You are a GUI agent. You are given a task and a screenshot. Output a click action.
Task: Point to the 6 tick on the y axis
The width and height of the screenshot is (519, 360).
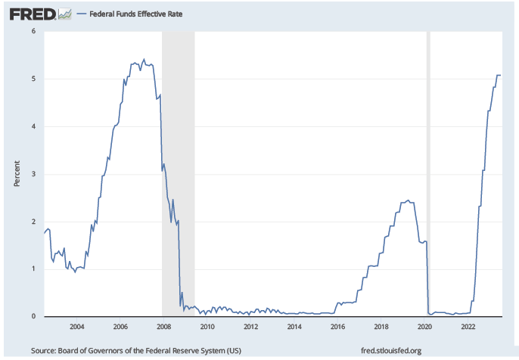33,31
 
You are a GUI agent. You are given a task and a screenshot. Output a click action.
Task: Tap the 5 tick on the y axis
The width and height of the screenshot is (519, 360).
33,79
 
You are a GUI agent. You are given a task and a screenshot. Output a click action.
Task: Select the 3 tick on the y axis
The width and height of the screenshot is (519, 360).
33,174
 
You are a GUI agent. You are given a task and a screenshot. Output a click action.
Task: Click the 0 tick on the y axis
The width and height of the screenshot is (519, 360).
33,316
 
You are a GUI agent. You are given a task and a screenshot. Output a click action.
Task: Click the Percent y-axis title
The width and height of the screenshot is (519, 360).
17,173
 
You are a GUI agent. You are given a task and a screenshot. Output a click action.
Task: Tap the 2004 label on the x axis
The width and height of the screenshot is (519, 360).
76,327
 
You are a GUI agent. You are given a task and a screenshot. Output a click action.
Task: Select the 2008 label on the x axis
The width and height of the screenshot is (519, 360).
163,327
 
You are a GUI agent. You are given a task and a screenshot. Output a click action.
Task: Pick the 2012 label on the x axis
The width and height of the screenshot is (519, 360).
251,327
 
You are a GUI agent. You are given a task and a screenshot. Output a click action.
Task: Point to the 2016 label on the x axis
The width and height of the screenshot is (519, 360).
338,327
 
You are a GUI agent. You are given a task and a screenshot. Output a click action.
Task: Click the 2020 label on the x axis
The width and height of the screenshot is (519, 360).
425,327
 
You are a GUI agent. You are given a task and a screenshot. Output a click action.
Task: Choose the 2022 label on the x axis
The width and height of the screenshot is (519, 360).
468,327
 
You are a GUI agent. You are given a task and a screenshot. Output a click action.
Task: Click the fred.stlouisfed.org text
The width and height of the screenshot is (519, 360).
391,350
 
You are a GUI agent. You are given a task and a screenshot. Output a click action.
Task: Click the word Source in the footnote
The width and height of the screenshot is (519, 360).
45,350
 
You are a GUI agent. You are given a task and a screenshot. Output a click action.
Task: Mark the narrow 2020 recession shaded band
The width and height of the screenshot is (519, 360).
429,174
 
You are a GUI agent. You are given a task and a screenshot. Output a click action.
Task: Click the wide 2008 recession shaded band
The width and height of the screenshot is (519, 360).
179,174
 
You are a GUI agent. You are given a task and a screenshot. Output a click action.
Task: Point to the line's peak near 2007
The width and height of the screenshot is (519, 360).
144,59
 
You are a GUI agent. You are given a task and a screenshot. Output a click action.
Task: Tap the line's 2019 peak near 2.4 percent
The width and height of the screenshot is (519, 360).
408,200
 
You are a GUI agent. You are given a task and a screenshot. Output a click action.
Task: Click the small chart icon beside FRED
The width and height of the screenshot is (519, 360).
65,13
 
